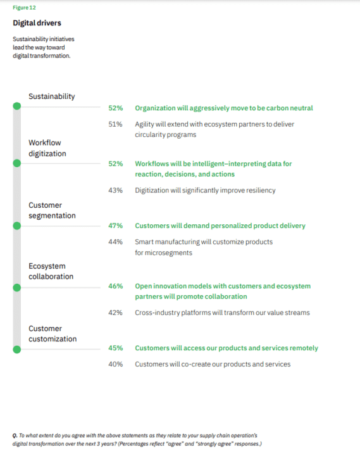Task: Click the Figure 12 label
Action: (24, 8)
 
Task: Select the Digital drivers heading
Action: (37, 23)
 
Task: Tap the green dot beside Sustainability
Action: (17, 106)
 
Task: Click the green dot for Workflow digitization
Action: (17, 163)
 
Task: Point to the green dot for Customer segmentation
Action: (17, 225)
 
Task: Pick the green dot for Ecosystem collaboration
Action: (17, 288)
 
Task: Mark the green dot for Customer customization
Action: (17, 350)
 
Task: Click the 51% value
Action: (115, 124)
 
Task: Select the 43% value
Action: (115, 190)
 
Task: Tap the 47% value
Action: (115, 225)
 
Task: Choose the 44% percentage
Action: (115, 242)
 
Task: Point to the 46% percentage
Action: (115, 286)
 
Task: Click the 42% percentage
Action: (115, 313)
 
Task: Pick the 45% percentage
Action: (115, 348)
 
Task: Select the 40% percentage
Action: (115, 364)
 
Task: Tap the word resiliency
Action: (261, 191)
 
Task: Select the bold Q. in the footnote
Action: (15, 436)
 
